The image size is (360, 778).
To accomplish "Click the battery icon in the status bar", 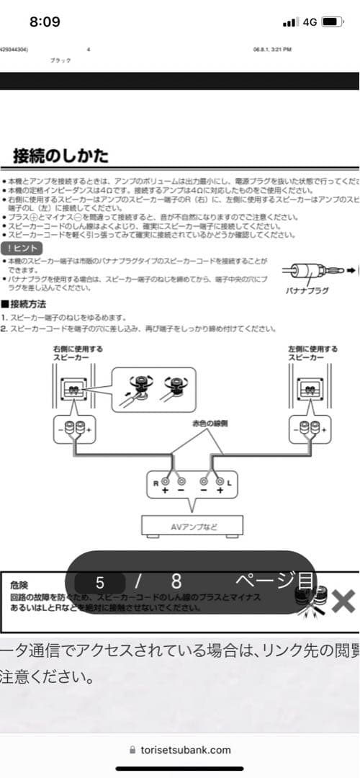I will (331, 22).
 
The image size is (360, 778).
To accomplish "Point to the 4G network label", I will (310, 22).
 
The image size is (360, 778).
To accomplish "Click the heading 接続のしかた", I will (61, 156).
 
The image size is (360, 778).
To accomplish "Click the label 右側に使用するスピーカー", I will (78, 353).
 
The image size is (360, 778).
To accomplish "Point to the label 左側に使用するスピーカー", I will (312, 353).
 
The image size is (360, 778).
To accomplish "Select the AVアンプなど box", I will (192, 527).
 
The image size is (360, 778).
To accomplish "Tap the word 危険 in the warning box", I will (19, 585).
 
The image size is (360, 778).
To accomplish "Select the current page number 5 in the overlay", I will (99, 581).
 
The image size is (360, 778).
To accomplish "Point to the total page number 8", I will (176, 581).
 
